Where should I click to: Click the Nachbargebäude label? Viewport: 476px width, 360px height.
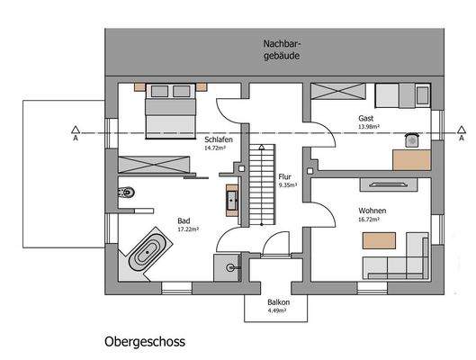point(282,49)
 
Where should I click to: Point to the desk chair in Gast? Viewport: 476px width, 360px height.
point(412,139)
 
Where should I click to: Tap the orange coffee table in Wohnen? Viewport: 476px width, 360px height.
point(380,240)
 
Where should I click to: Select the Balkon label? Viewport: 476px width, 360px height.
point(277,303)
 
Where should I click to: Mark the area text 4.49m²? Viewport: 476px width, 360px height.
point(277,311)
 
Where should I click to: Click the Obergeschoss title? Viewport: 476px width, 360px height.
point(145,344)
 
